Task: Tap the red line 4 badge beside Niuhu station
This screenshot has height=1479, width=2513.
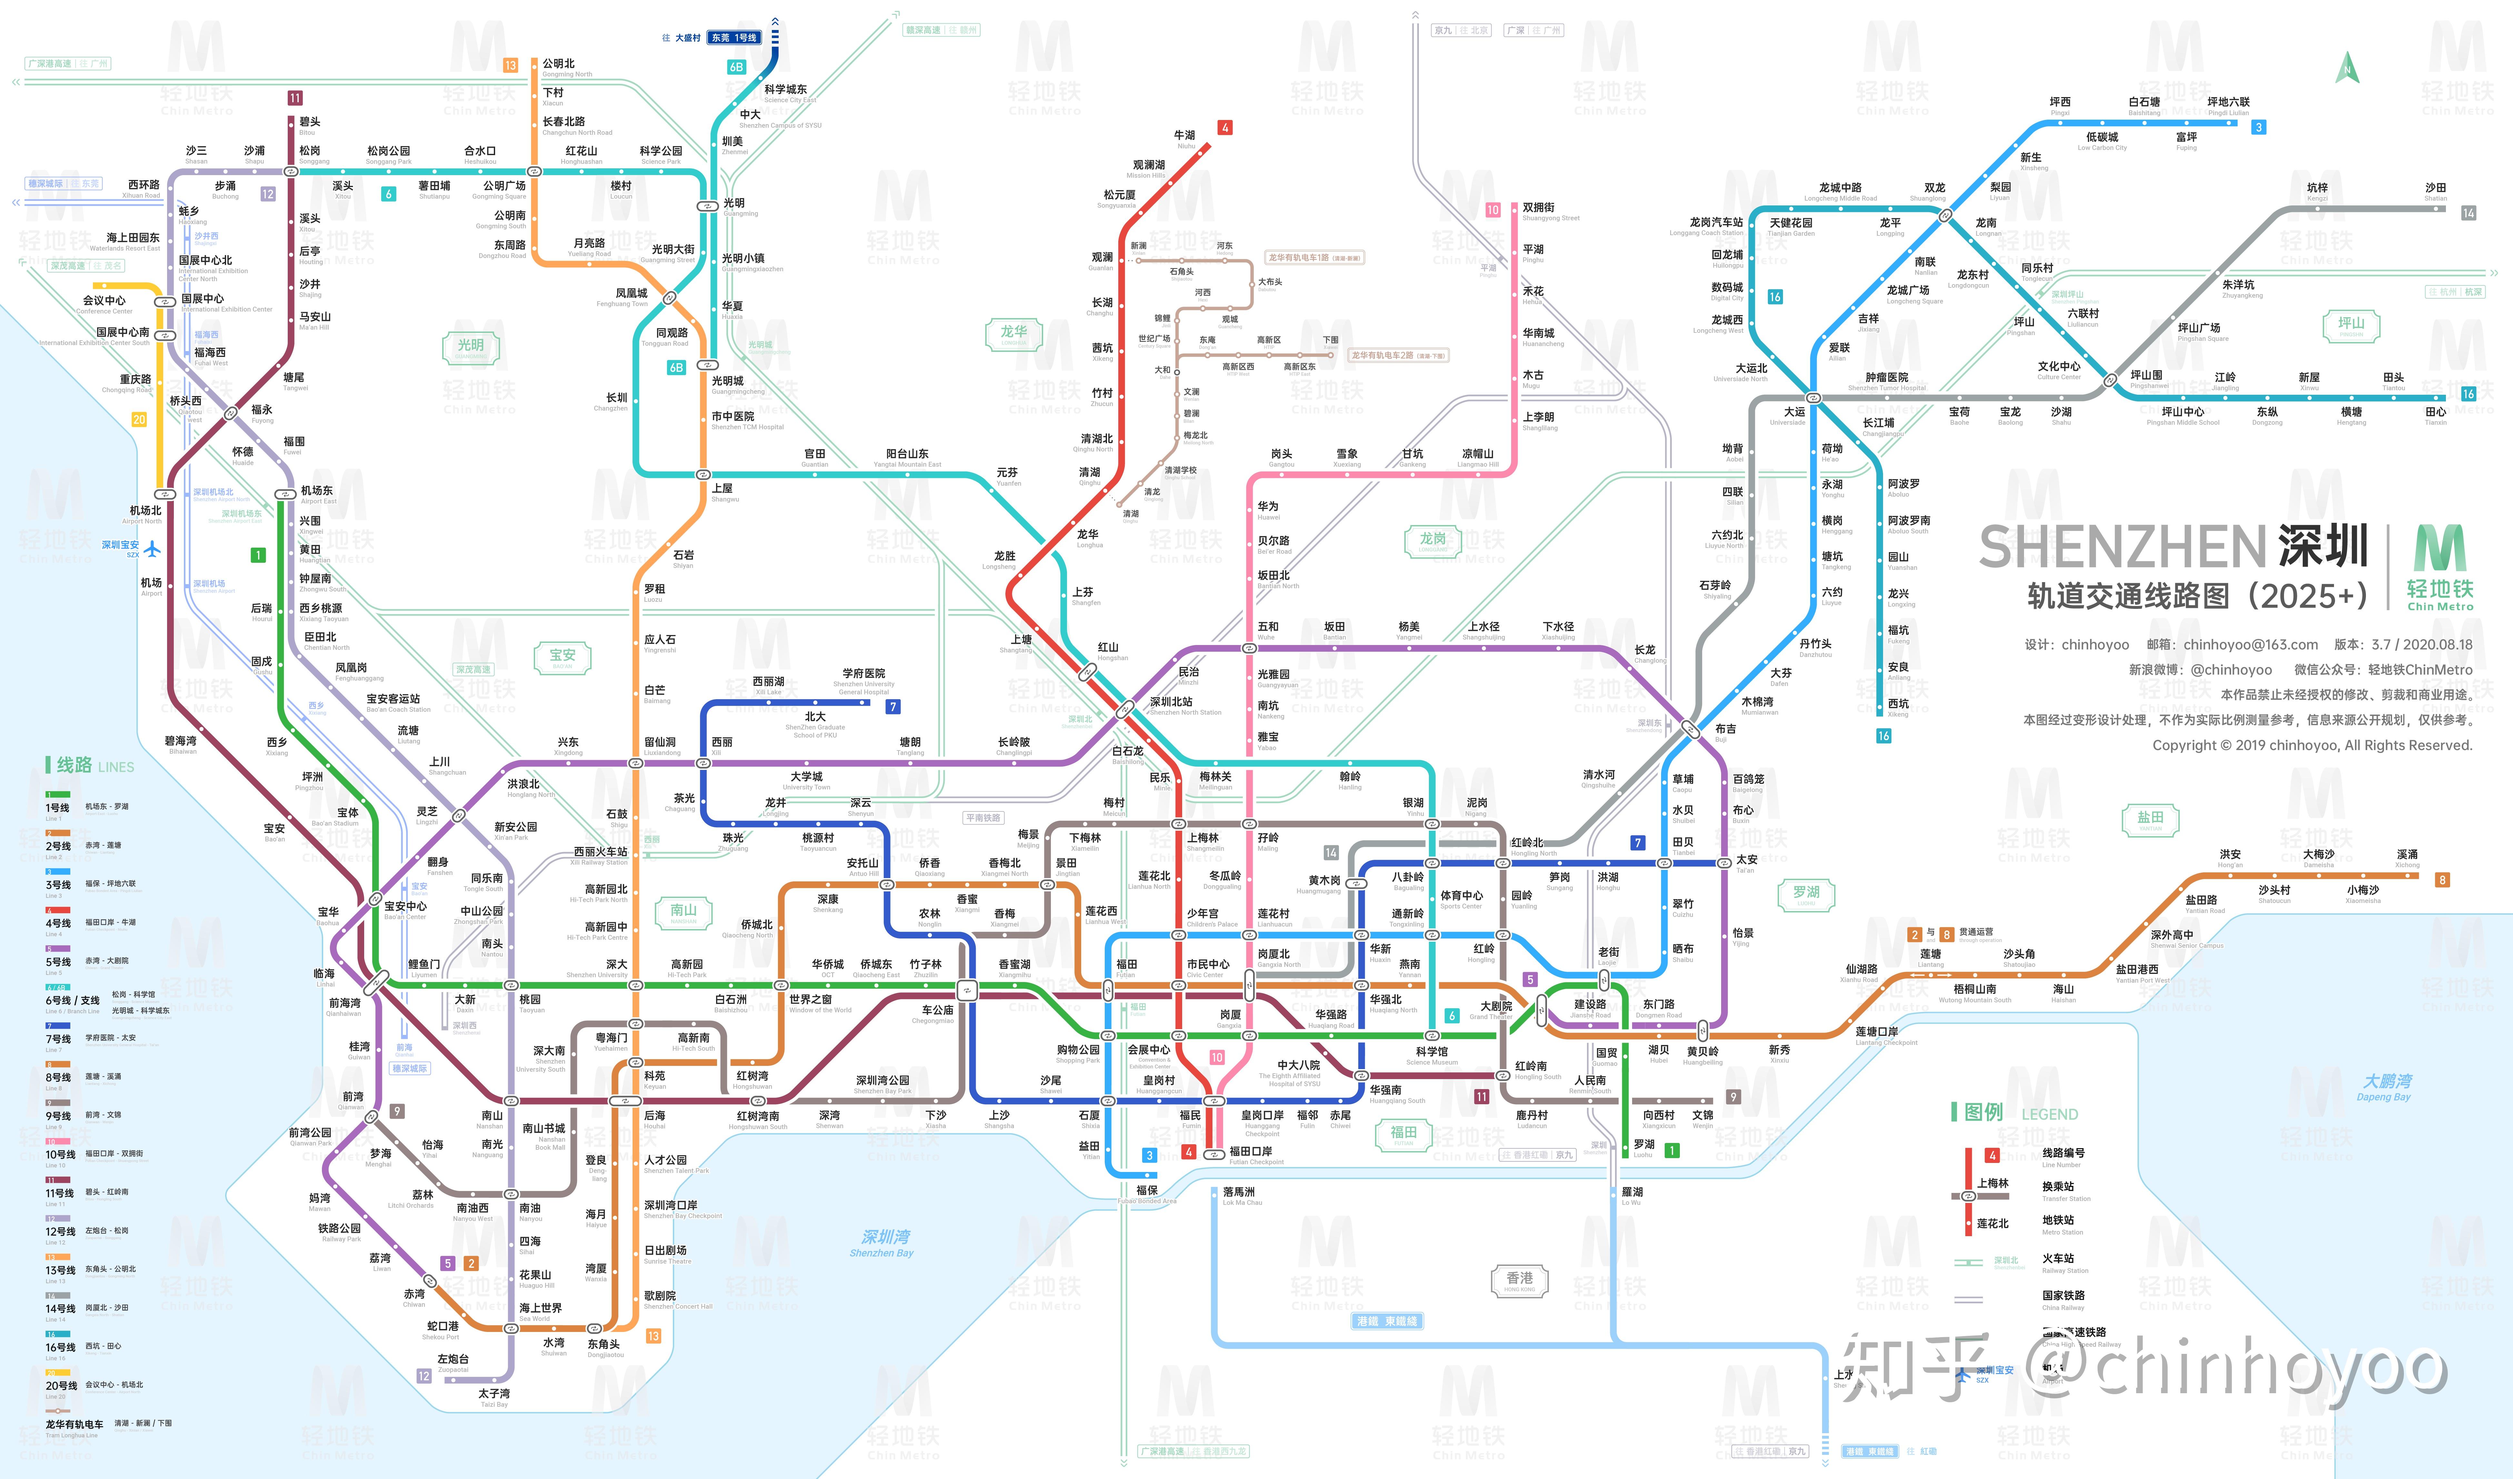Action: pos(1225,128)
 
